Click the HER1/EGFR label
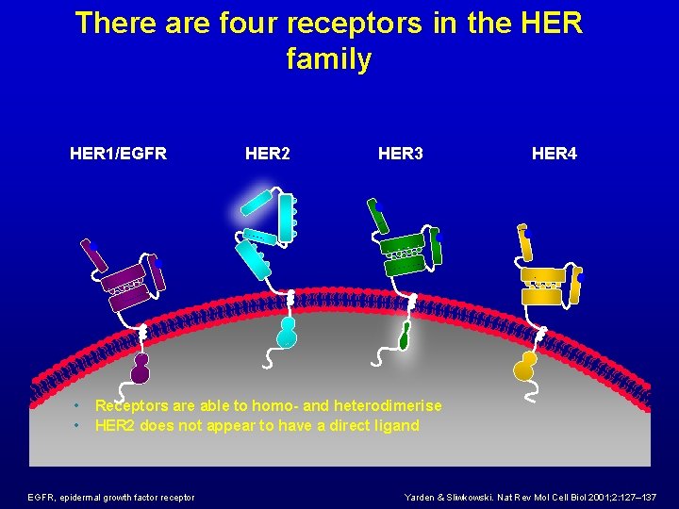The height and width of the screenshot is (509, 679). click(x=118, y=153)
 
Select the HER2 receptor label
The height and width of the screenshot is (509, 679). click(x=267, y=153)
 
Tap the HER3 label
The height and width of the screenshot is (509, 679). click(x=401, y=153)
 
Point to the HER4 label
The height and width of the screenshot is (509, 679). click(x=555, y=153)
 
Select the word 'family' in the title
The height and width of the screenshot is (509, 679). click(x=328, y=59)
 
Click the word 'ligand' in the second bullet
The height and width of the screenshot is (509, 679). click(x=396, y=425)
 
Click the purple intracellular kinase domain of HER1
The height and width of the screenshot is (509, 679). click(x=141, y=369)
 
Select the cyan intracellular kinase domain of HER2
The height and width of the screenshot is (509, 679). click(x=287, y=332)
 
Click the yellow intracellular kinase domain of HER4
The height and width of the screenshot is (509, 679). click(x=523, y=365)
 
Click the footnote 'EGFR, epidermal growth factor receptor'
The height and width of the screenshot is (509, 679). click(x=111, y=497)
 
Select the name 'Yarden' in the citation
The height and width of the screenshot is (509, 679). click(x=423, y=497)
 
